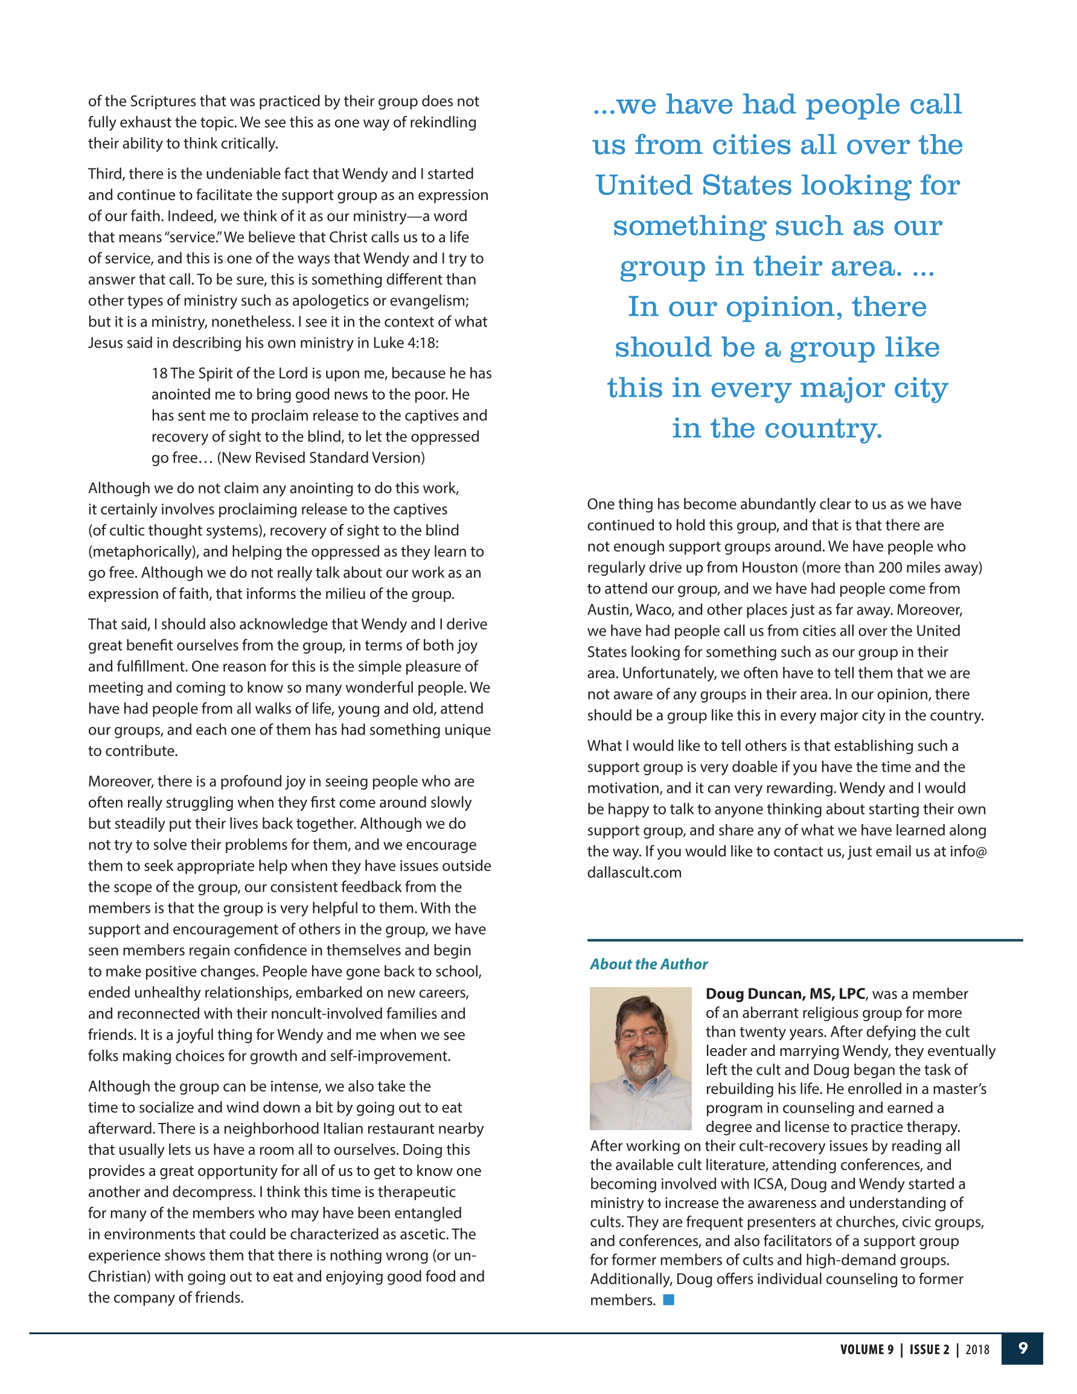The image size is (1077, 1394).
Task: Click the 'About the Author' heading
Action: (648, 964)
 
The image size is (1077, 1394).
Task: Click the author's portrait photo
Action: (641, 1058)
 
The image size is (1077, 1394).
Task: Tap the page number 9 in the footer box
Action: (1023, 1348)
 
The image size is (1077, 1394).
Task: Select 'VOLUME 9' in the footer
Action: (866, 1349)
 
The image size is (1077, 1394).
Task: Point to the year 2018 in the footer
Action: (977, 1349)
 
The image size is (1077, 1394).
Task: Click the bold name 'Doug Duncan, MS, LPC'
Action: (785, 994)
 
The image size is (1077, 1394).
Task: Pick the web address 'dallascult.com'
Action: (634, 872)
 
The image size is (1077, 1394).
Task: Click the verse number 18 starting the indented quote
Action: (159, 373)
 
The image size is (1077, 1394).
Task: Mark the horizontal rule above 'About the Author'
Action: (804, 940)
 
